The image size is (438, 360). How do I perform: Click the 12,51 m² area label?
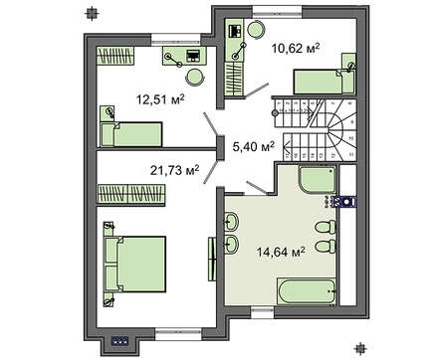tap(160, 99)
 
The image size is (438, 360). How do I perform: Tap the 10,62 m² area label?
tap(296, 49)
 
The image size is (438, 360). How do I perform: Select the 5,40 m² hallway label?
tap(254, 146)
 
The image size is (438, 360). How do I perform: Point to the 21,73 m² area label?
tap(175, 170)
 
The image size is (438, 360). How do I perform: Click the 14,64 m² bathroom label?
tap(281, 253)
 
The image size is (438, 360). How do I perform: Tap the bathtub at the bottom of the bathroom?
tap(307, 291)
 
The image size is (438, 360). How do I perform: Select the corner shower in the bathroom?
tap(318, 180)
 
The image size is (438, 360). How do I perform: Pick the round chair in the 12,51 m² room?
tap(195, 77)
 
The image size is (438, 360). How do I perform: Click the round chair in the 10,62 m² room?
tap(256, 30)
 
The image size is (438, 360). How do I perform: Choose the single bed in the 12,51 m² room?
tap(131, 134)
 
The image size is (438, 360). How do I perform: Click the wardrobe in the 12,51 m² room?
tap(115, 56)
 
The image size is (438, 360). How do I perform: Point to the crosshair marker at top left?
tap(92, 13)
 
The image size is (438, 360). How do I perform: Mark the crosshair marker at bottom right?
tap(359, 348)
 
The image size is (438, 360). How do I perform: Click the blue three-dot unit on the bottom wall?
tap(120, 340)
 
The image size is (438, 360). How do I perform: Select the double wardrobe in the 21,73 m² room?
tap(130, 194)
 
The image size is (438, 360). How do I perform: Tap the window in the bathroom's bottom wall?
tap(262, 312)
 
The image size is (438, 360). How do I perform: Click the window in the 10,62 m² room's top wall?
tap(278, 13)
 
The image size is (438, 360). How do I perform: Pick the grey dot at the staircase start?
tap(275, 113)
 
